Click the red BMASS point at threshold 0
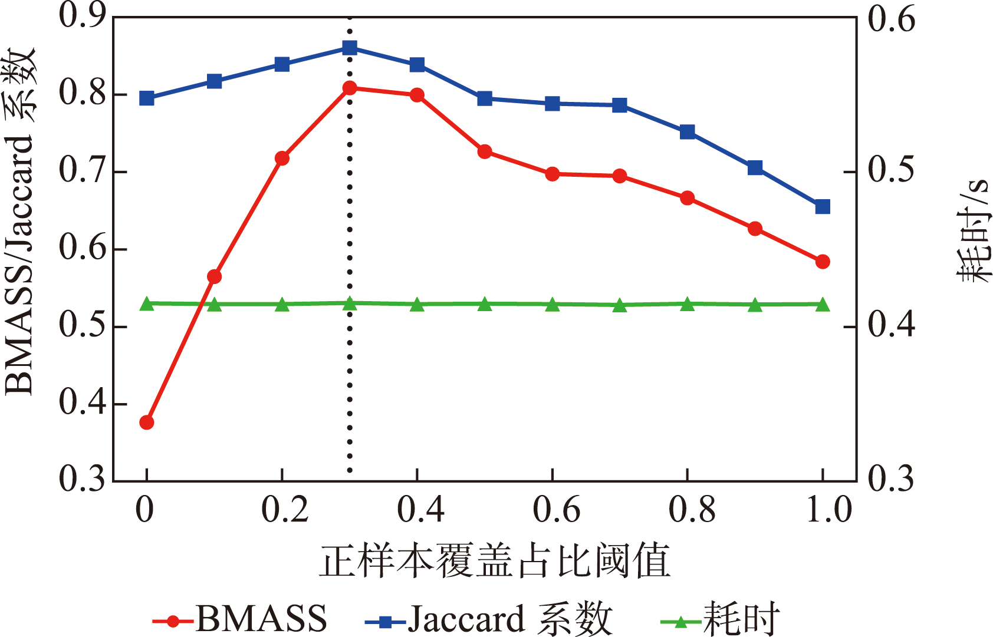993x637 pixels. click(x=147, y=423)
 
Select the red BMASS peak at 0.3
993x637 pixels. click(x=350, y=88)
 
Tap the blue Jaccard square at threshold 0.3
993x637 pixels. click(x=350, y=48)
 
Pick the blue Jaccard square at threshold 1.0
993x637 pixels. click(x=823, y=207)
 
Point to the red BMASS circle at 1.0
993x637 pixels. click(x=823, y=262)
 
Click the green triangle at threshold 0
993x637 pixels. click(x=147, y=304)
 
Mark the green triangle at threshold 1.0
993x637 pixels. click(x=823, y=305)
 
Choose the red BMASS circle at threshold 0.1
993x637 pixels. click(x=215, y=276)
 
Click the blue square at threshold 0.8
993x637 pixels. click(x=687, y=131)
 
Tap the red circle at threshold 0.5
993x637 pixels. click(x=485, y=151)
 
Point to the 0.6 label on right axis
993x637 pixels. click(x=892, y=19)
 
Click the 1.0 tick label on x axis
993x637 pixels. click(x=828, y=510)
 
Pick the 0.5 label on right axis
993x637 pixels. click(x=892, y=171)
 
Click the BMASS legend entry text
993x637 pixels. click(x=261, y=619)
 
